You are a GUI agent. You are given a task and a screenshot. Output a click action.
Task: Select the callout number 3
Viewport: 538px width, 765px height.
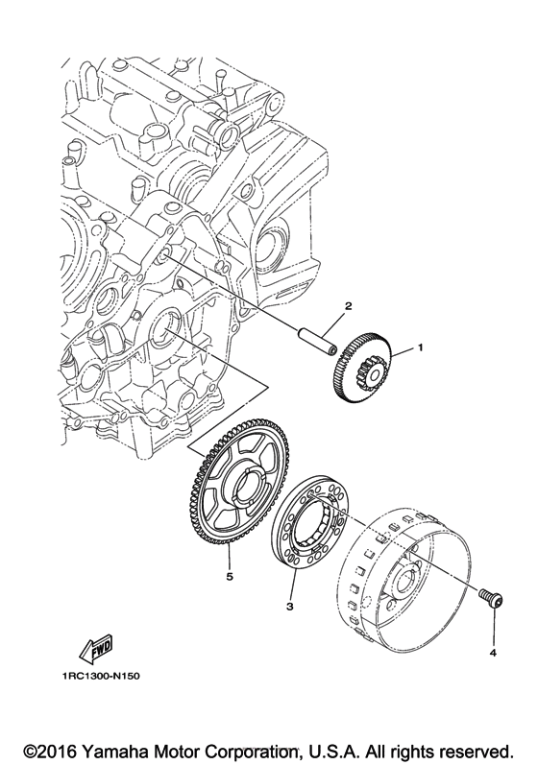click(x=289, y=607)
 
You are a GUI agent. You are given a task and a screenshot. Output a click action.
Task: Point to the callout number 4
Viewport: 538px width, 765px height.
click(x=494, y=653)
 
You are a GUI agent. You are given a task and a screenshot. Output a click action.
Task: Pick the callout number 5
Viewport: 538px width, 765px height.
click(x=229, y=577)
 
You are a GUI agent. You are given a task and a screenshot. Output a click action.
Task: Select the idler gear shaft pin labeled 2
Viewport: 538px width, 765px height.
click(x=317, y=340)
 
